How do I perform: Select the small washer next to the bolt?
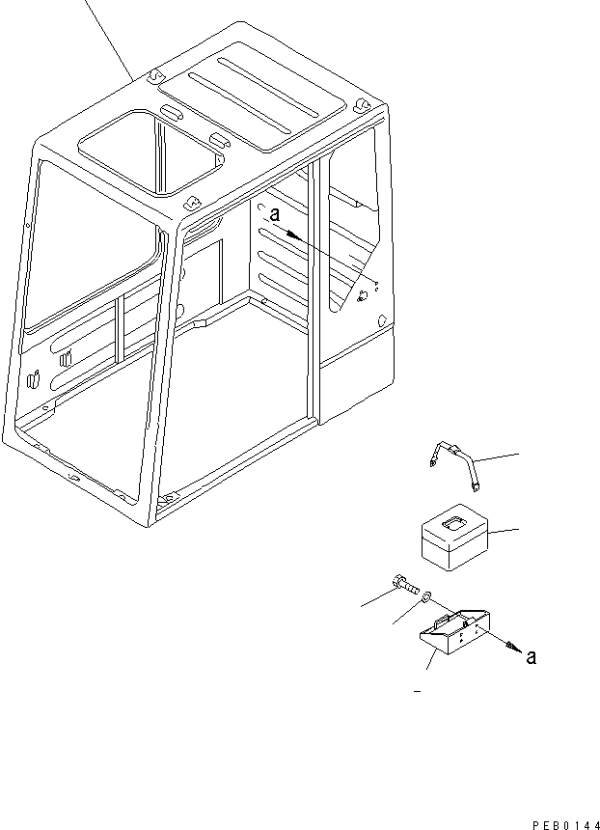click(424, 600)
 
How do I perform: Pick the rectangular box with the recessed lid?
click(455, 538)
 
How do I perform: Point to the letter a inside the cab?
click(274, 218)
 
